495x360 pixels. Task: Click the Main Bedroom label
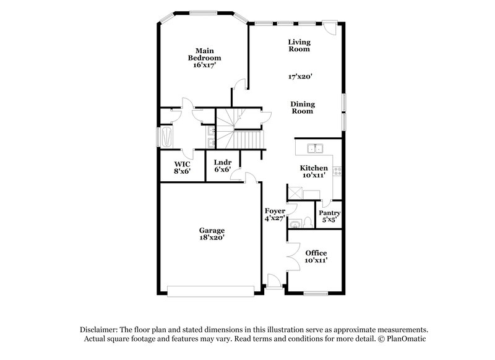205,54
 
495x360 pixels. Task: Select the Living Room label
299,46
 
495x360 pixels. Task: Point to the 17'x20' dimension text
300,77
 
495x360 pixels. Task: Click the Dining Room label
302,108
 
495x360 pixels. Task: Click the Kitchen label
314,168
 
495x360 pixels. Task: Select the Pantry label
330,213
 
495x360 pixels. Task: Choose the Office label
316,253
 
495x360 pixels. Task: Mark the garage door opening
211,288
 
